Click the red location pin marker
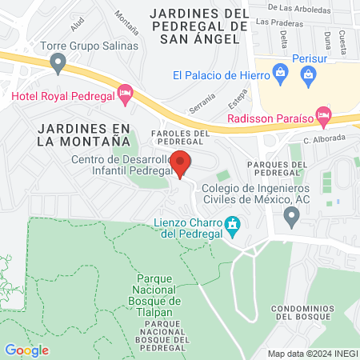180,163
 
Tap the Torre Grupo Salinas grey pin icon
57,62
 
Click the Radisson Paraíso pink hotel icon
323,115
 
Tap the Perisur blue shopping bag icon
308,75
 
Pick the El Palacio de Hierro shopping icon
279,75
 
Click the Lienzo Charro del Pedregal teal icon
233,226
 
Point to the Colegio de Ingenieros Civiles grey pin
291,214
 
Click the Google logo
26,350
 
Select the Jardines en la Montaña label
83,134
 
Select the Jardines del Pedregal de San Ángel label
199,26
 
